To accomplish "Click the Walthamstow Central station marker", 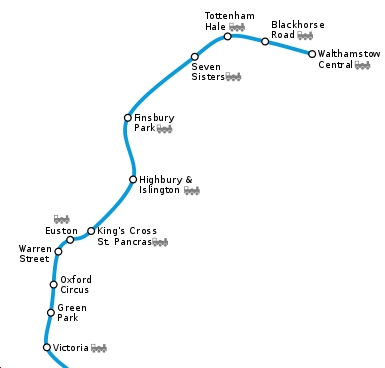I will pos(312,54).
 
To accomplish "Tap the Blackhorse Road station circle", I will pos(265,42).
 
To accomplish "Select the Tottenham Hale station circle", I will pos(228,36).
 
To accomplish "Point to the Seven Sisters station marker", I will pos(195,57).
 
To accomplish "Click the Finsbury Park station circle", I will pos(128,118).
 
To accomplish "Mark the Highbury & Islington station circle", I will pos(133,180).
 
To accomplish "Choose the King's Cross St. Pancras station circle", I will pos(91,231).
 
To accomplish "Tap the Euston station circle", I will pos(70,240).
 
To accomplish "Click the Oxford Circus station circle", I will pos(54,285).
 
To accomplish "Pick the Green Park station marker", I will pos(51,313).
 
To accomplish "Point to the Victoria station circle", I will pos(47,347).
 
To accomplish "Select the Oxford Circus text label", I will pos(76,284).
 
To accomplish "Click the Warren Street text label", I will pos(34,254).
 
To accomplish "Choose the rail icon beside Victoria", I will pos(98,348).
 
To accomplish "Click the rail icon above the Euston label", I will pos(62,218).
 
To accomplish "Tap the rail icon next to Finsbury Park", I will pos(165,129).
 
